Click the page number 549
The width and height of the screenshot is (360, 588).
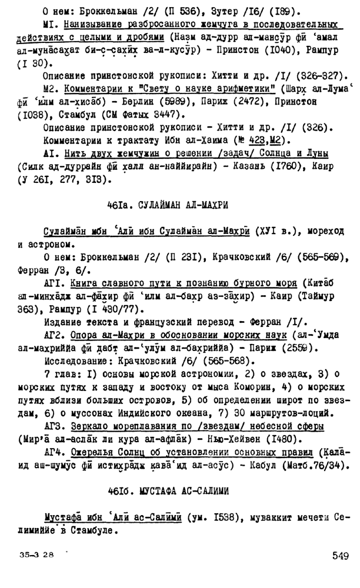click(339, 556)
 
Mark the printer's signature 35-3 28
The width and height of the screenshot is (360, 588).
click(36, 554)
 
